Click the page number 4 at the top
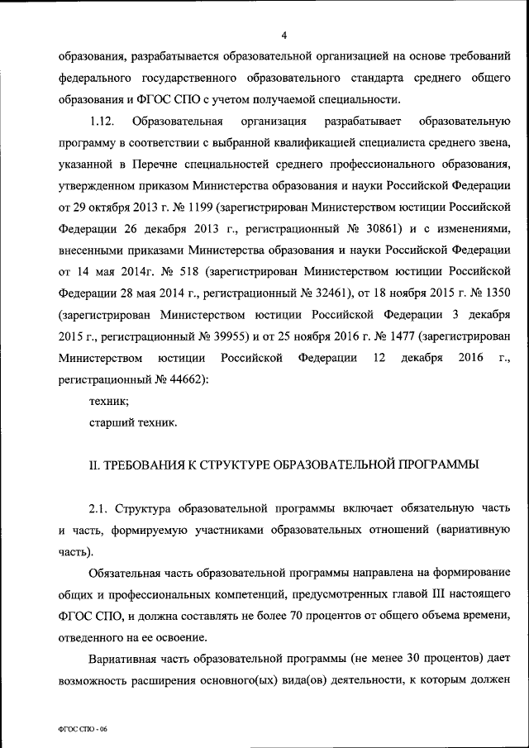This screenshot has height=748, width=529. click(x=284, y=36)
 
